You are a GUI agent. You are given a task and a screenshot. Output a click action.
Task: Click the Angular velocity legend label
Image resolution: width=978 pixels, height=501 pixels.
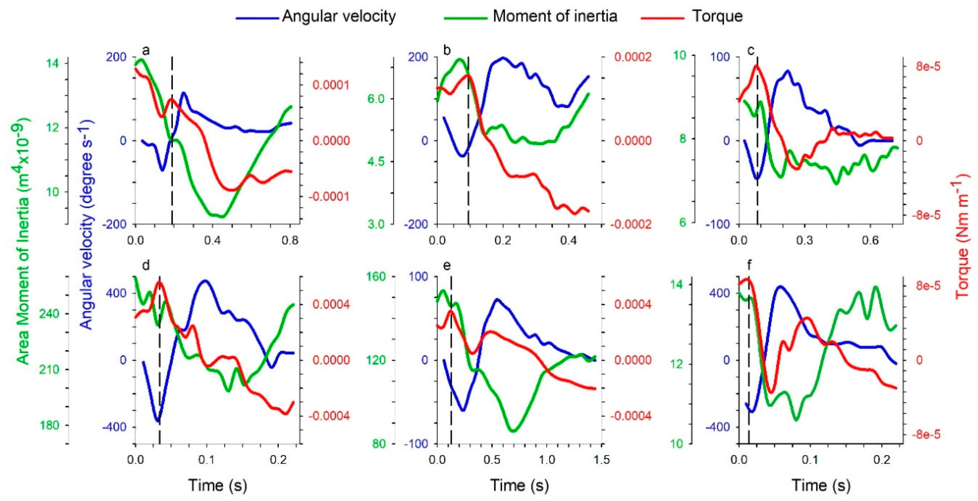tap(339, 16)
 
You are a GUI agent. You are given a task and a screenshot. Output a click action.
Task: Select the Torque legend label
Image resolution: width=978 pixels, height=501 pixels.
tap(717, 16)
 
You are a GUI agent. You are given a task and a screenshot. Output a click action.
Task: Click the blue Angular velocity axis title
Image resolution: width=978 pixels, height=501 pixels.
tap(87, 224)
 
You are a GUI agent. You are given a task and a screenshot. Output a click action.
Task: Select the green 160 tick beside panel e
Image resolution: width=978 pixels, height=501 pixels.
tap(376, 277)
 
